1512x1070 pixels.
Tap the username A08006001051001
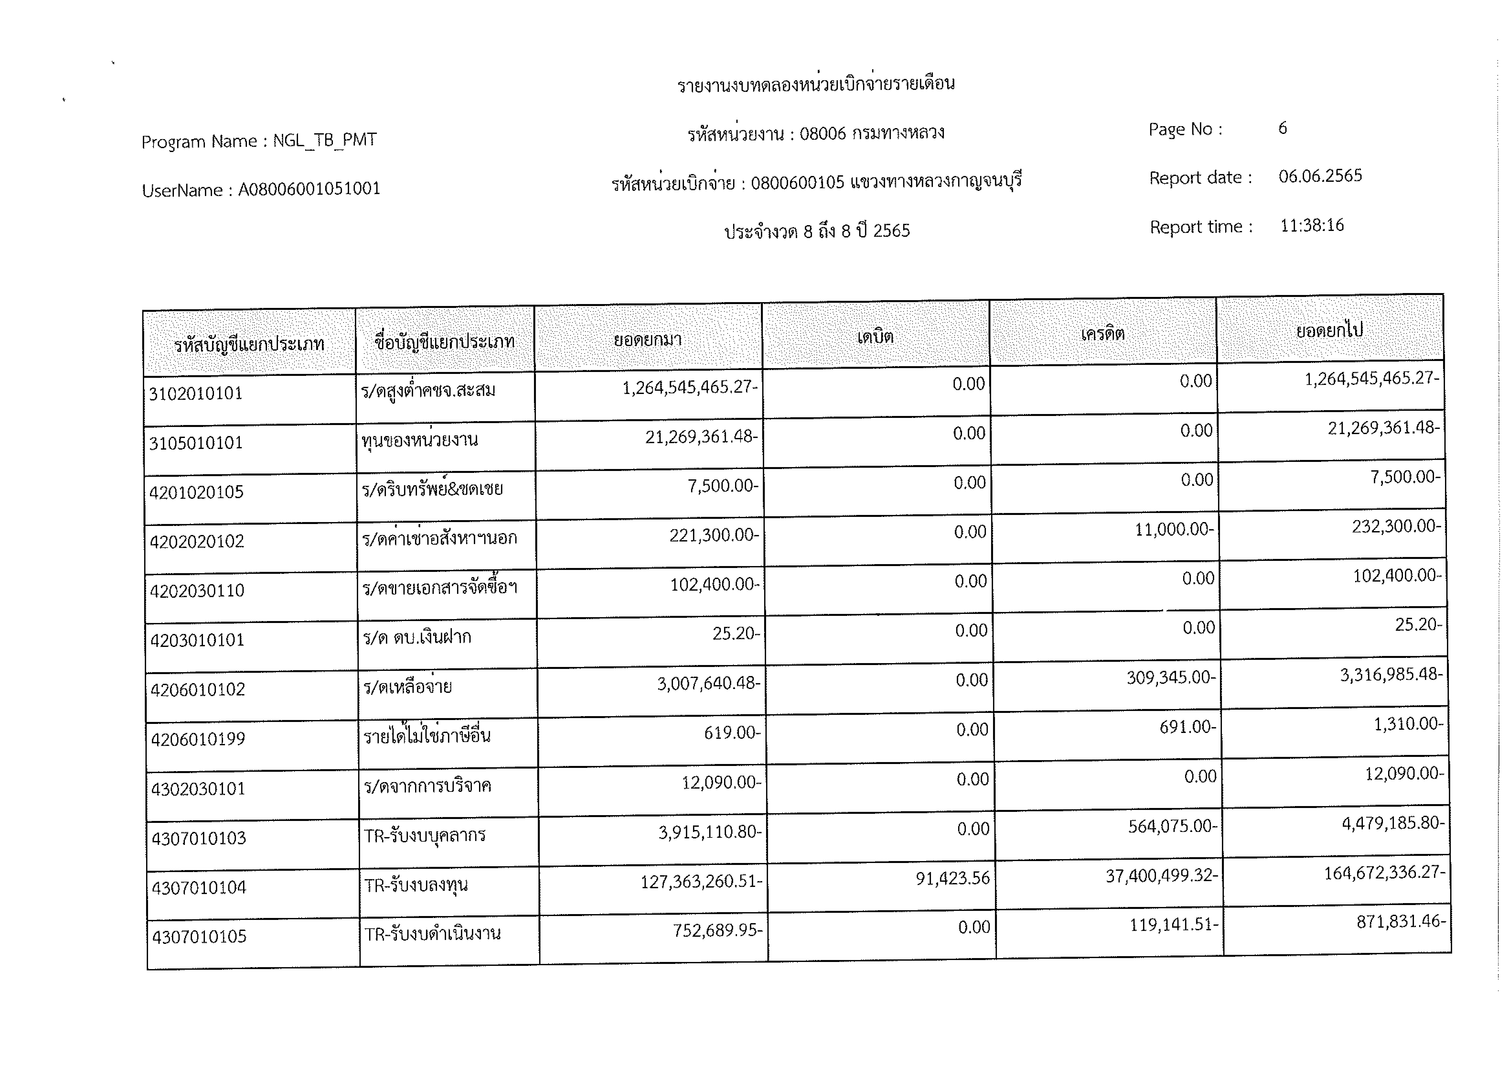[309, 189]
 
